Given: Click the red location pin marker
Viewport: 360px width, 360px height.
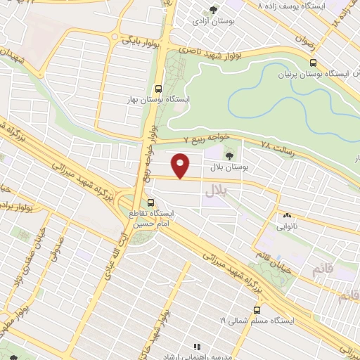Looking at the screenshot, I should tap(181, 165).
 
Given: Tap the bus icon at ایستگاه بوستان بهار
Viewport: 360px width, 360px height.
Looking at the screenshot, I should tap(159, 89).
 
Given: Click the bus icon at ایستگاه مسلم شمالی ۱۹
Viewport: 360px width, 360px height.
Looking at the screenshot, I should tap(257, 309).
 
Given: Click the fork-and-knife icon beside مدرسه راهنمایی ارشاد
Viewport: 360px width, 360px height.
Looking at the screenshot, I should tap(198, 347).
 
